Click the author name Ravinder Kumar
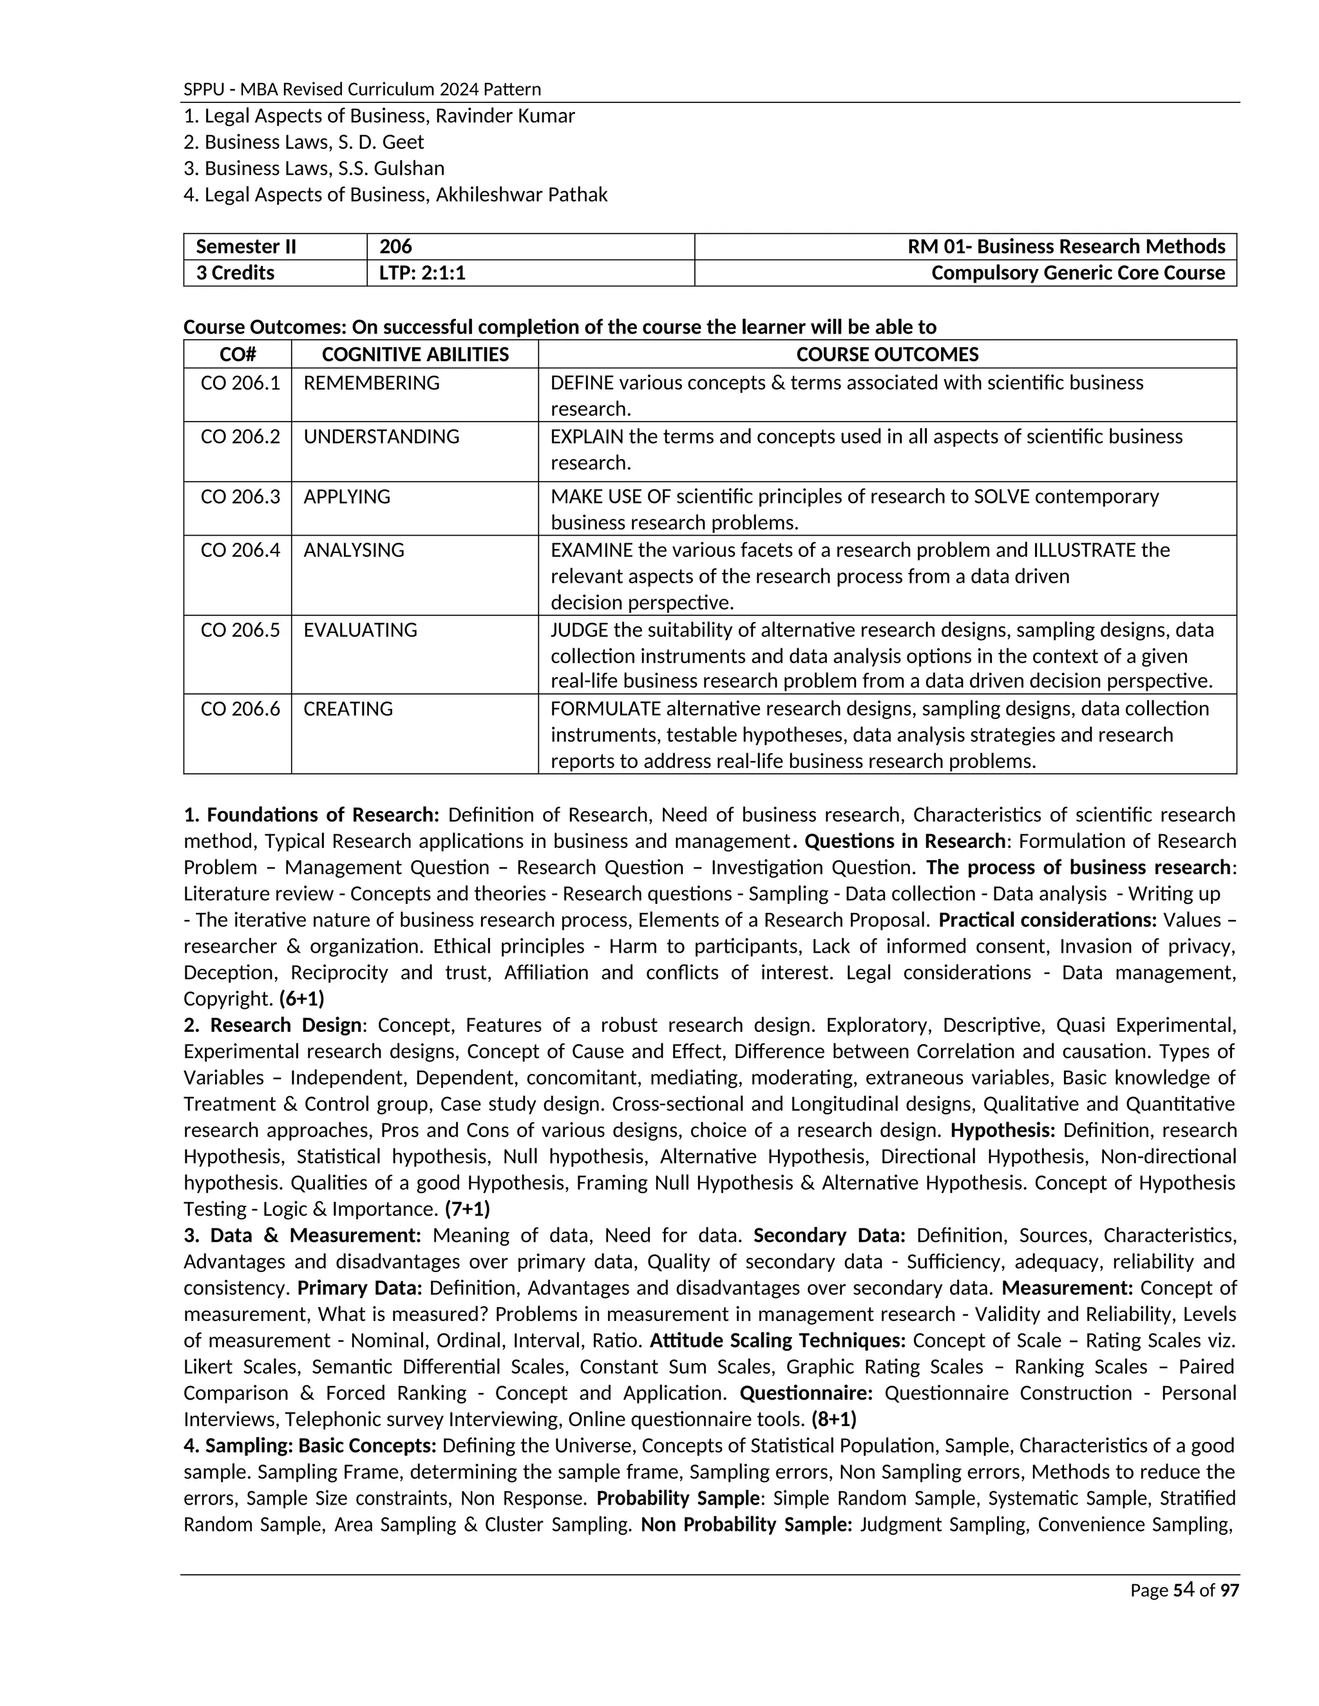coord(505,117)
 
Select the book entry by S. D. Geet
coord(303,142)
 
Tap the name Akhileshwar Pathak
coord(521,194)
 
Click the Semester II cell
coord(246,247)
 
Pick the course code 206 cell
coord(395,247)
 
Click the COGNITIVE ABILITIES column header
coord(415,355)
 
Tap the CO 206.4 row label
coord(240,550)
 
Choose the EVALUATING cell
coord(360,630)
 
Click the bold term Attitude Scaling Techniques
coord(777,1341)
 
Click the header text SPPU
coord(202,90)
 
